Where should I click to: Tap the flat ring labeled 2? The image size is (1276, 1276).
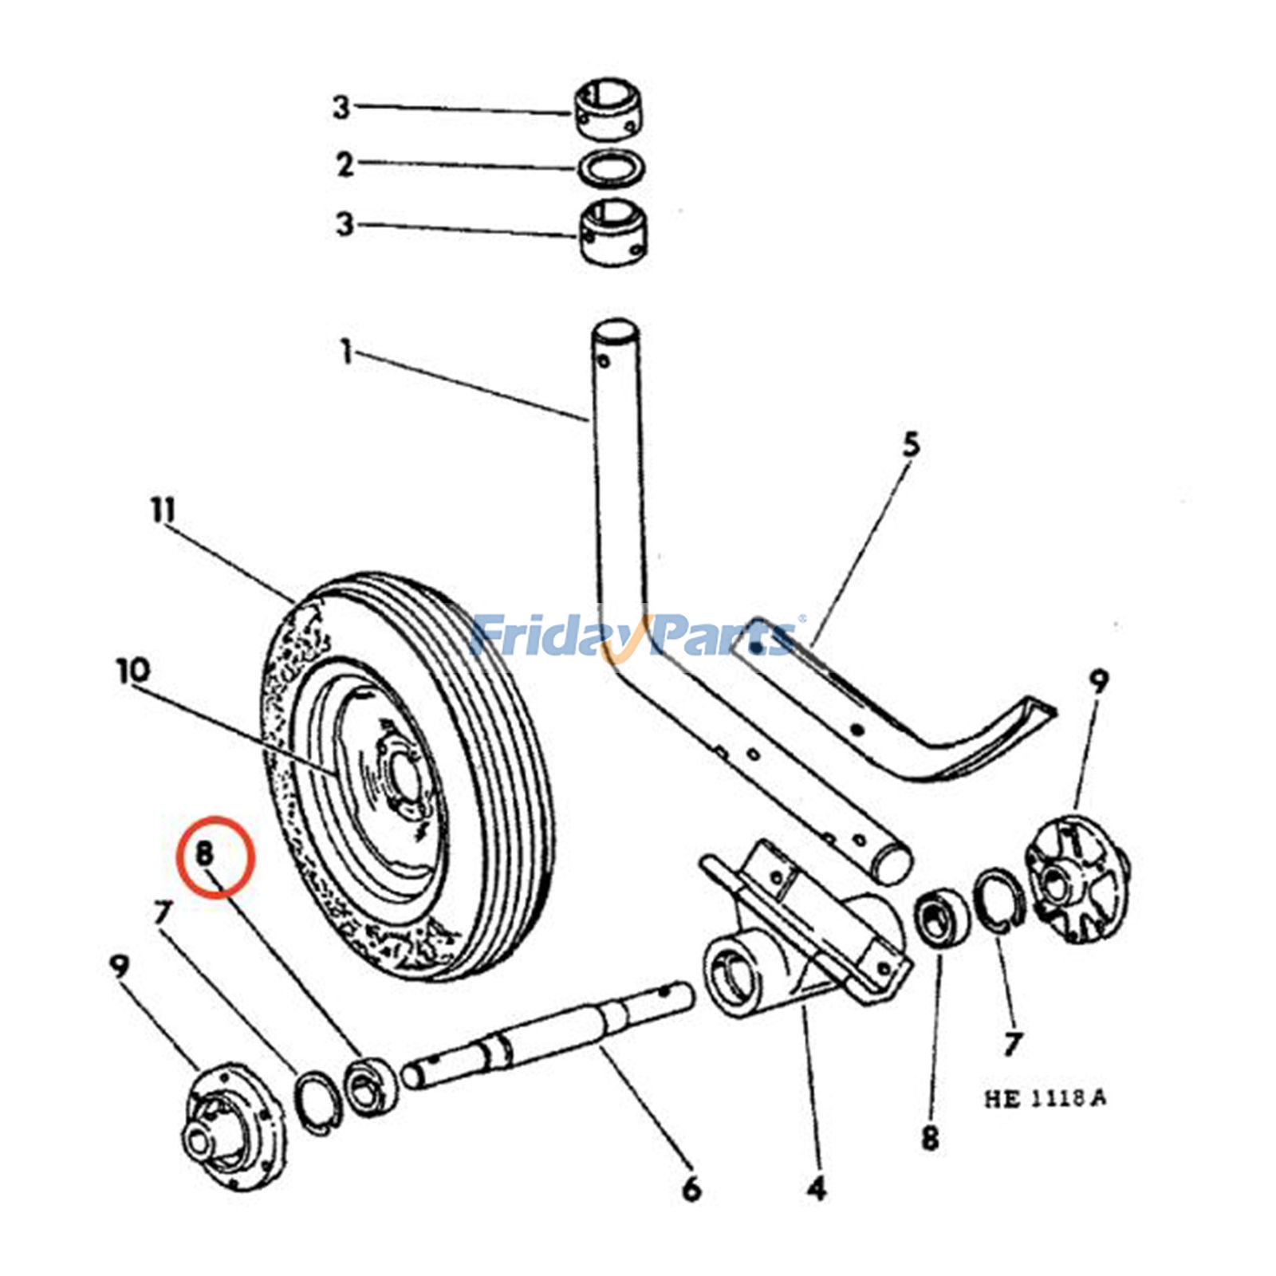[x=612, y=169]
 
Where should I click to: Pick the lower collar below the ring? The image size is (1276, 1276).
[x=612, y=232]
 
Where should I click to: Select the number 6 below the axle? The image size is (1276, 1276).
[x=691, y=1189]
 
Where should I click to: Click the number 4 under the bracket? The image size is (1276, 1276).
[x=816, y=1190]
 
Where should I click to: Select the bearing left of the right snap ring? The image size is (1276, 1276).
[x=942, y=920]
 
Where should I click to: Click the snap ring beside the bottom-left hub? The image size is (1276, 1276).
[x=319, y=1101]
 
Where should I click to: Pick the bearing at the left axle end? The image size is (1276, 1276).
[x=368, y=1087]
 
